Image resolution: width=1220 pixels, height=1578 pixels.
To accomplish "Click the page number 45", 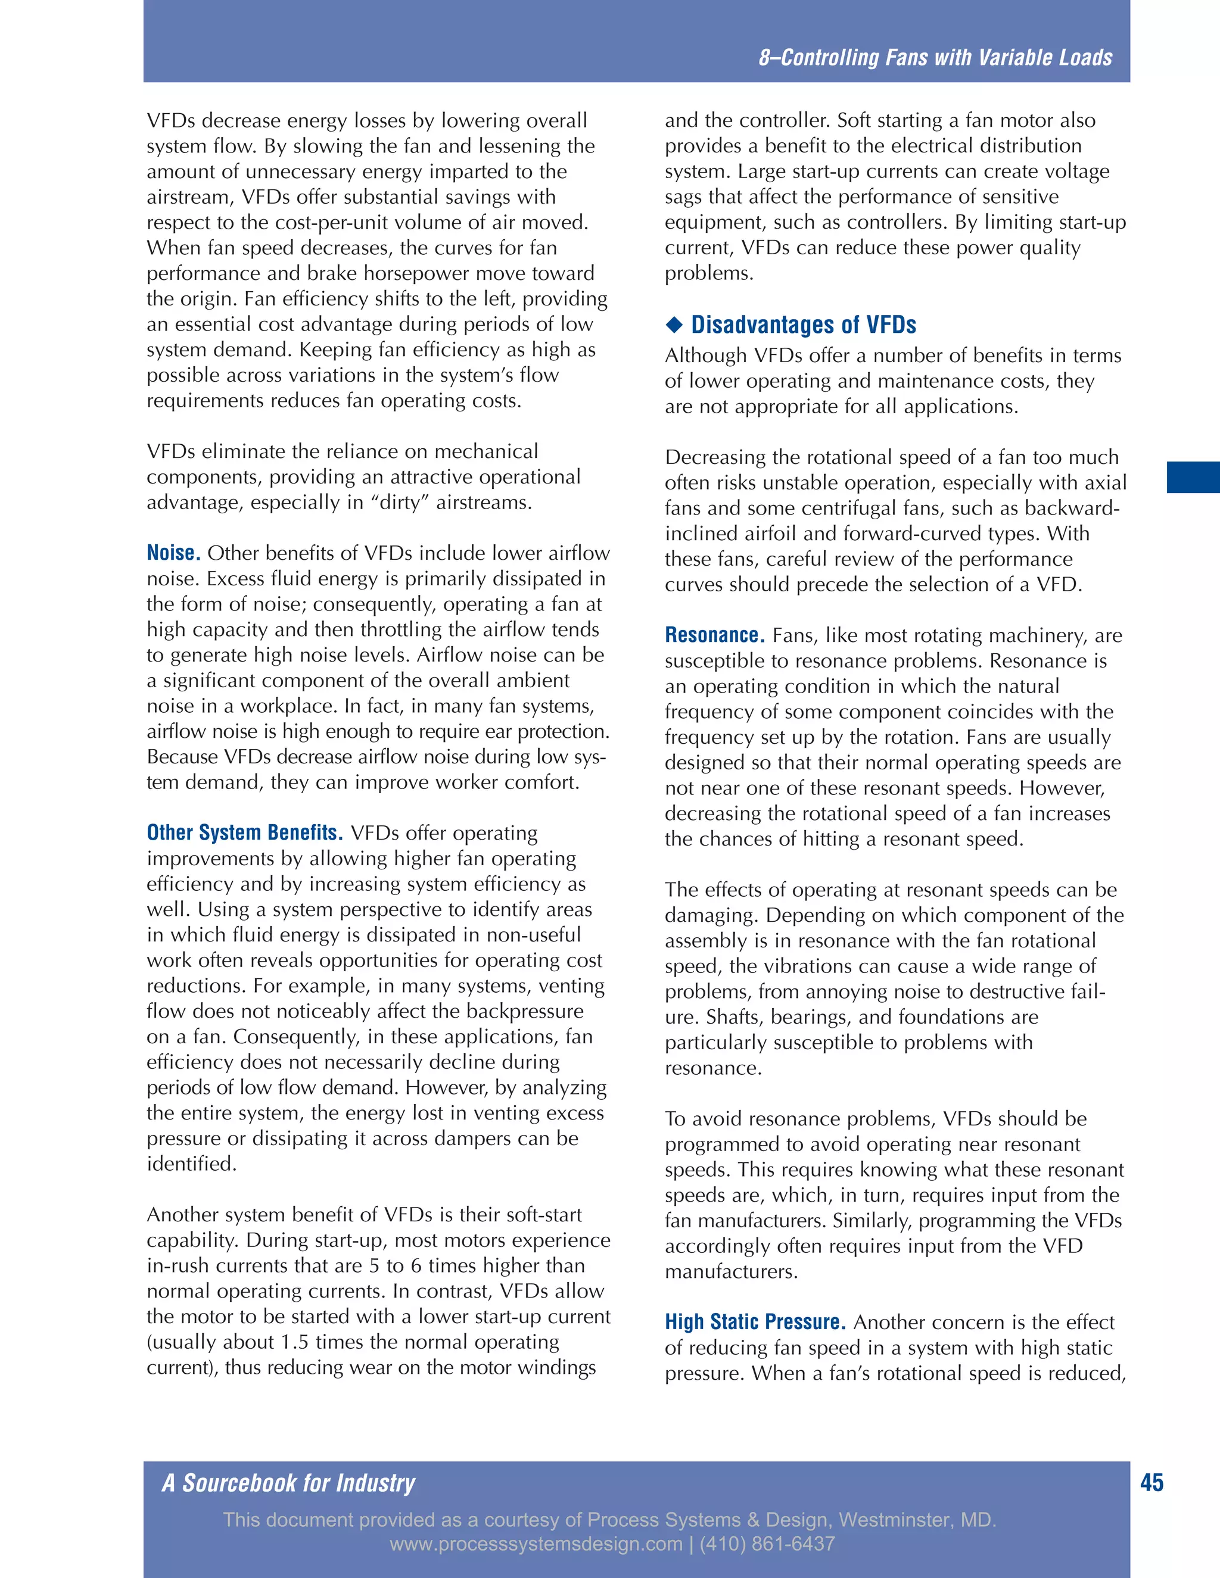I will [x=1151, y=1483].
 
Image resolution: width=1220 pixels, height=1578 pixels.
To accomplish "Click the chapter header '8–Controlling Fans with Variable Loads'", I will [x=935, y=57].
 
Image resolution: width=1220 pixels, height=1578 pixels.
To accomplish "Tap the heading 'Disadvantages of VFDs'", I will [x=803, y=325].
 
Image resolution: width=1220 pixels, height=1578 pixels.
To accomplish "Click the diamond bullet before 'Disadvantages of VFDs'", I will [x=674, y=325].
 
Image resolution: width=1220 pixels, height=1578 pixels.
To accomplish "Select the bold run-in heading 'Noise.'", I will [x=173, y=553].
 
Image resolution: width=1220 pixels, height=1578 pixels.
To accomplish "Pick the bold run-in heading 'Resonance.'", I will [x=714, y=635].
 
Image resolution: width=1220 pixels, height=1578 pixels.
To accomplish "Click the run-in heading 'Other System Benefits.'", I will [x=244, y=832].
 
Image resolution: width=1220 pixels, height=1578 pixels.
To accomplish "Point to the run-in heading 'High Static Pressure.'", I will [x=755, y=1321].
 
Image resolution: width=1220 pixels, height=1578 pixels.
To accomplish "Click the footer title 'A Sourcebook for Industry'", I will [x=288, y=1483].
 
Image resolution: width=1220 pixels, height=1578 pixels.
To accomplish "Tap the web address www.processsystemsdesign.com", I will [x=536, y=1544].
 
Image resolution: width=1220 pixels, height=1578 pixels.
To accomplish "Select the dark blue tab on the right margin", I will [x=1193, y=478].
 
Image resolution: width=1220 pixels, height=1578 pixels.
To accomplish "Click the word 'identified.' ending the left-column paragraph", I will [x=192, y=1164].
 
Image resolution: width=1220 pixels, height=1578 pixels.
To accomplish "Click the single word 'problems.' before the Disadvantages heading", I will [x=708, y=273].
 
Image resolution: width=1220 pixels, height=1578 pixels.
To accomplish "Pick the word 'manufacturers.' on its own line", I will [x=731, y=1272].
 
